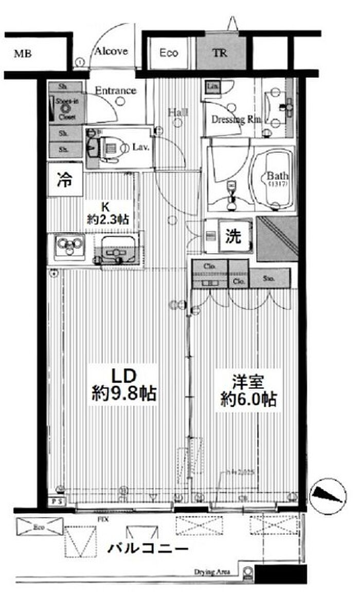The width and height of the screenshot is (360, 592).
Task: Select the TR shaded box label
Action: pos(220,53)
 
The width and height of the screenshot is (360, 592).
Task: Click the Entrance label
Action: pos(116,91)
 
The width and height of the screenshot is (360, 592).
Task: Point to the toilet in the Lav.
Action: pos(110,148)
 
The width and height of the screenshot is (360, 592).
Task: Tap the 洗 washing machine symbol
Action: pos(233,236)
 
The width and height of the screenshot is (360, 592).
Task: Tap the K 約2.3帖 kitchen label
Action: pos(106,213)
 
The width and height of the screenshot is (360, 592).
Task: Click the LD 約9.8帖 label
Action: pos(123,385)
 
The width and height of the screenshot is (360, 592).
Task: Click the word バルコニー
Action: pos(148,548)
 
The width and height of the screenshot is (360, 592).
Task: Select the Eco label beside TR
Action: pos(168,53)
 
